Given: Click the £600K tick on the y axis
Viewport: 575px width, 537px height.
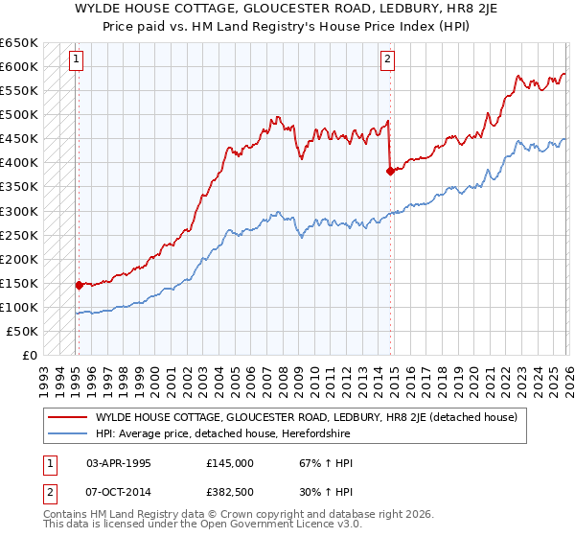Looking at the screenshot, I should tap(18, 66).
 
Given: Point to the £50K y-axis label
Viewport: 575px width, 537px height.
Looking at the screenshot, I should tap(21, 331).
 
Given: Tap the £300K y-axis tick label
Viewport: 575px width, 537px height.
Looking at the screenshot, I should tap(18, 211).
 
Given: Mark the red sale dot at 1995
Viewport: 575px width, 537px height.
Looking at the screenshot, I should tap(79, 285).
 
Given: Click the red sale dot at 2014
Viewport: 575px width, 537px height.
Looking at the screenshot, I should tap(390, 171).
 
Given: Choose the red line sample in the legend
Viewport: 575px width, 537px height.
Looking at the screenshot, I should tap(68, 417).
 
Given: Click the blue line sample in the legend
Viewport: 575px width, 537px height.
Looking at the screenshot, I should tap(68, 432).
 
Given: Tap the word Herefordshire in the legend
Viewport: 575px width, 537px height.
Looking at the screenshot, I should tap(320, 432).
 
